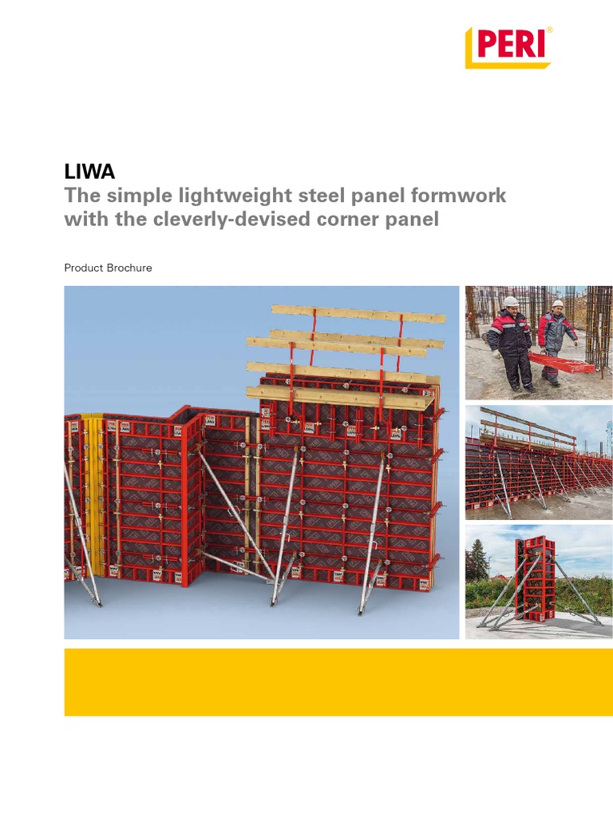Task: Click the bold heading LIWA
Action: click(x=89, y=171)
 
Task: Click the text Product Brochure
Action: click(x=108, y=268)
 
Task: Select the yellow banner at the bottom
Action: click(x=338, y=681)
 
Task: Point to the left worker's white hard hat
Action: click(x=511, y=302)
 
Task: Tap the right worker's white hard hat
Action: click(x=557, y=304)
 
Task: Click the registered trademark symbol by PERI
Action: click(x=549, y=30)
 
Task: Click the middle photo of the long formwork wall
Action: click(x=539, y=463)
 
